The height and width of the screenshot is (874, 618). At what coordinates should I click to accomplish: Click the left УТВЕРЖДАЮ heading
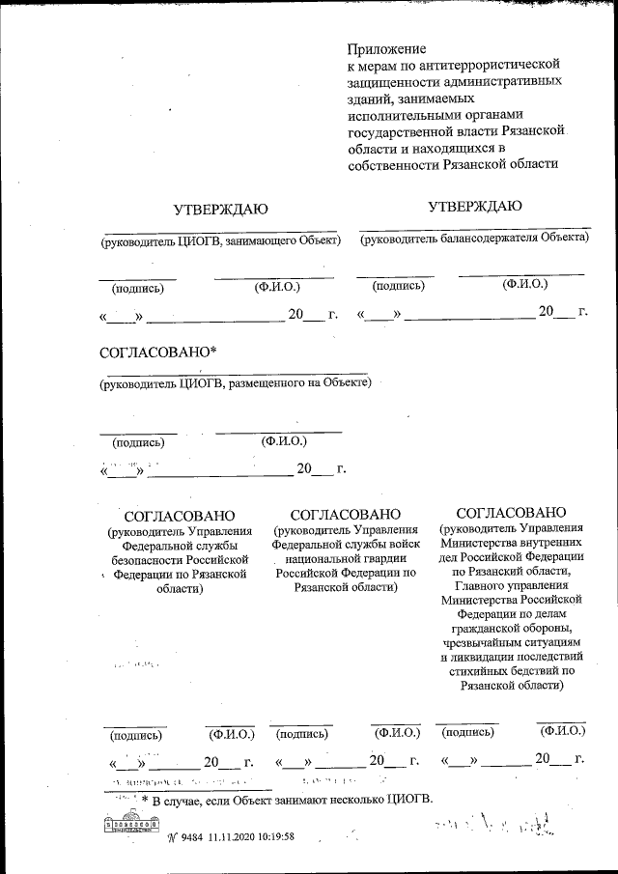(220, 210)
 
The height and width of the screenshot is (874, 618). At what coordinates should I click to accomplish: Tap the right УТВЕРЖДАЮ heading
(475, 206)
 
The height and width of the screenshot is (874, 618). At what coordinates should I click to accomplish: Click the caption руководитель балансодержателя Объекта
(474, 237)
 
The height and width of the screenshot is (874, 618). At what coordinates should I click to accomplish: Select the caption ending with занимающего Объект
(222, 241)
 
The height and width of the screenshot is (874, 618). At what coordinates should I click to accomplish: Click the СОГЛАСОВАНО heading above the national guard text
(345, 514)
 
